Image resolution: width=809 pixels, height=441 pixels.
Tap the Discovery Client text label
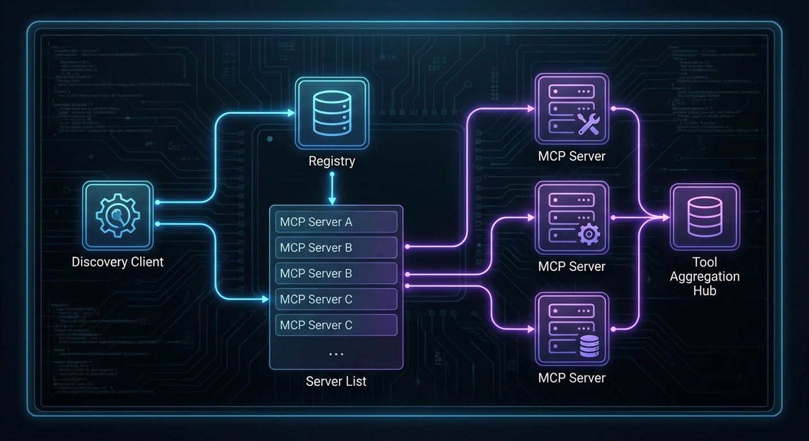tap(117, 262)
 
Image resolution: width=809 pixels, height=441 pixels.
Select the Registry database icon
tap(332, 113)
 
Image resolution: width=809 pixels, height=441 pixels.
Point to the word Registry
tap(332, 161)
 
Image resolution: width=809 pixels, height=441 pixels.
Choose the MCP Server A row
tap(336, 222)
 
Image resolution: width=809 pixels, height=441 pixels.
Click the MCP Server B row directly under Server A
tap(336, 247)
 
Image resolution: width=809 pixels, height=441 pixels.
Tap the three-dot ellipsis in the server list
tap(336, 354)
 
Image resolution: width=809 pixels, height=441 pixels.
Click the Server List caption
tap(336, 381)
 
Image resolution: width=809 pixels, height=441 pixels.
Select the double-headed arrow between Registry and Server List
tap(332, 188)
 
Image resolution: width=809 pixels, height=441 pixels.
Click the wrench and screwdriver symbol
tap(588, 124)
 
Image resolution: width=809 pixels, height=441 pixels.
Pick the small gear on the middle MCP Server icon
tap(588, 234)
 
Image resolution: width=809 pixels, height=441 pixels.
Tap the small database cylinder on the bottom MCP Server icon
tap(588, 346)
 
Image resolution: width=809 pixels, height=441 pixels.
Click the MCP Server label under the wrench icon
tap(571, 156)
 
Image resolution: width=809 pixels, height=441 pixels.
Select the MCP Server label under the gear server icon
tap(571, 266)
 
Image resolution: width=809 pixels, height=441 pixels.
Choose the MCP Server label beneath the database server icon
tap(571, 378)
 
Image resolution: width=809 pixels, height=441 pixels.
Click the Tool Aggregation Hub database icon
tap(704, 217)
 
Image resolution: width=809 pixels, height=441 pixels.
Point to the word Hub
tap(704, 291)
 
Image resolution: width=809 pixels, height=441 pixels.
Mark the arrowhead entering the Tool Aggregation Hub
tap(665, 218)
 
